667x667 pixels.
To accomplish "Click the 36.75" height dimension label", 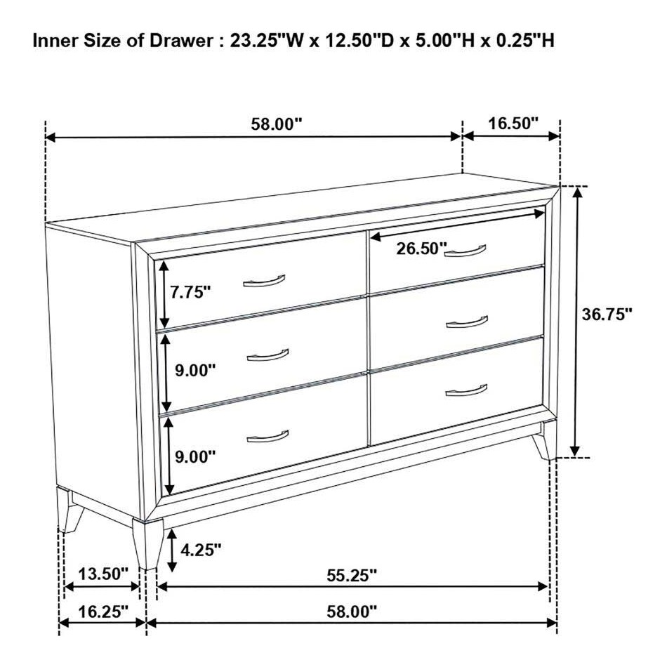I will tap(607, 314).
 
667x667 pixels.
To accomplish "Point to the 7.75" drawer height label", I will tap(192, 292).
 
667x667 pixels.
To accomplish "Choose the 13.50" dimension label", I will tap(103, 574).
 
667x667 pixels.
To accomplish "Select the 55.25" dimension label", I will tap(352, 575).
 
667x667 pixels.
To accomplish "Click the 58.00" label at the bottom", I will tap(352, 612).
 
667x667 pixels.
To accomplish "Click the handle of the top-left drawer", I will tap(264, 282).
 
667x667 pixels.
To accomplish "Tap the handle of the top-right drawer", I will tap(465, 251).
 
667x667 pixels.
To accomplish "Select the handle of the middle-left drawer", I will tap(268, 355).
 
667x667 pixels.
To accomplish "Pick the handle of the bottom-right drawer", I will tap(466, 390).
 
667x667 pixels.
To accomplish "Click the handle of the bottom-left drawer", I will tap(268, 437).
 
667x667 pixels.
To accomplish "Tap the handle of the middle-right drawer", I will tap(466, 322).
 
